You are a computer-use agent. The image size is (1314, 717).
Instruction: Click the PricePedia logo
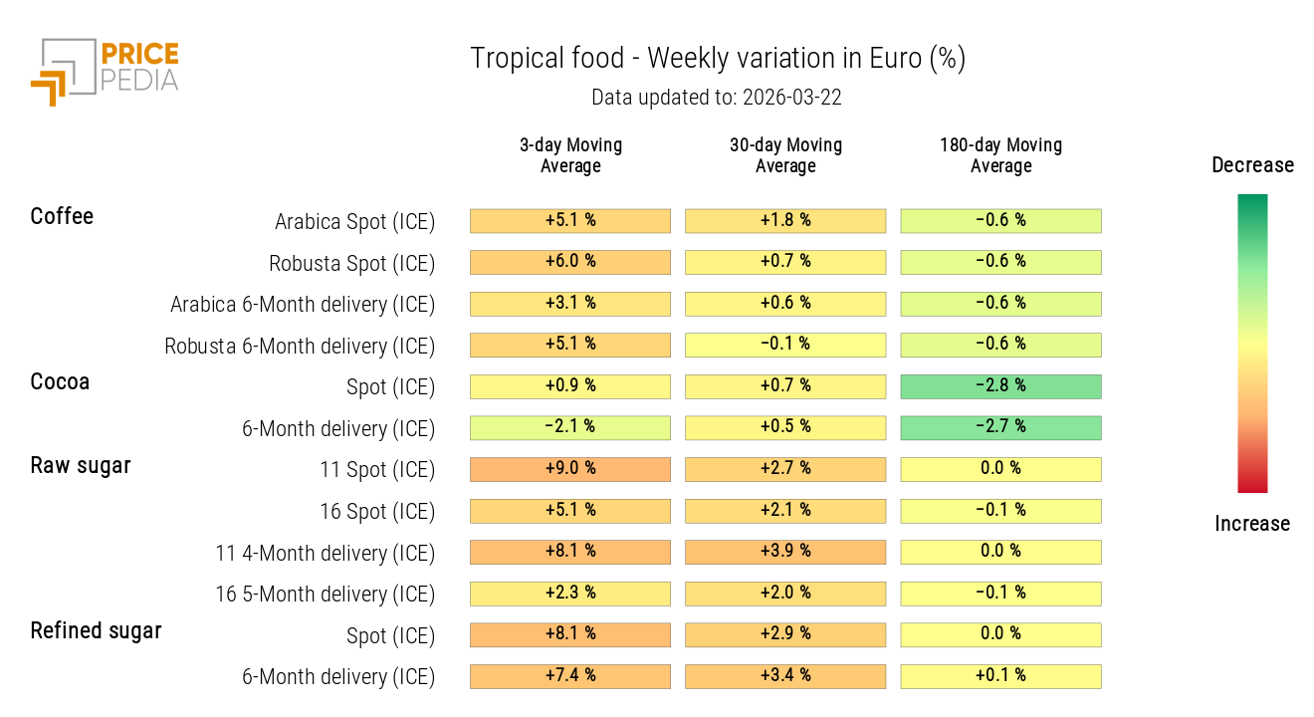tap(105, 70)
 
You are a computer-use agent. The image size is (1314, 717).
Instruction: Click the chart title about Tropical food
tap(718, 59)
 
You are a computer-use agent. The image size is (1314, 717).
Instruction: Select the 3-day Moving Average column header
tap(570, 155)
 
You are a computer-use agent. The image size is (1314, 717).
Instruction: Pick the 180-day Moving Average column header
tap(1000, 155)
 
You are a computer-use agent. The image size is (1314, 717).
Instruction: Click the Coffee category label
tap(62, 216)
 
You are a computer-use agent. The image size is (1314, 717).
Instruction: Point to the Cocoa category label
tap(60, 381)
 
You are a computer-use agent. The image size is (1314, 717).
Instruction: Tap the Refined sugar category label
tap(96, 630)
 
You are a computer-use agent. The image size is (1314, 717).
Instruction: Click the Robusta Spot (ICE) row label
tap(351, 264)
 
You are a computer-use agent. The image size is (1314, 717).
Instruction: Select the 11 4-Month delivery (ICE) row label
tap(325, 553)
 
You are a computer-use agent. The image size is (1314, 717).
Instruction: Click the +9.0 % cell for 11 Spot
tap(570, 469)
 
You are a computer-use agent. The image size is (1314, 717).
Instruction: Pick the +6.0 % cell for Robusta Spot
tap(570, 262)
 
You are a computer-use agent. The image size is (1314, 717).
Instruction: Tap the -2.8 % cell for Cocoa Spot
tap(1000, 386)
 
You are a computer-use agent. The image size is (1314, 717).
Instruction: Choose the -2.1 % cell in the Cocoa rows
tap(570, 427)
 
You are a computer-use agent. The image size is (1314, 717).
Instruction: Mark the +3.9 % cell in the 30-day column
tap(785, 552)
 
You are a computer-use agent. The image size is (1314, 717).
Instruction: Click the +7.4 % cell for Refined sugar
tap(570, 676)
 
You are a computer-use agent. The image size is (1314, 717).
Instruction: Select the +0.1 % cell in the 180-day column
tap(1000, 676)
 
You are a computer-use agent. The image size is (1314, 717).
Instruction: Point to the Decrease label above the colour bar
tap(1252, 165)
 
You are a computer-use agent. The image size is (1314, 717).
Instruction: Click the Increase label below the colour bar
tap(1252, 524)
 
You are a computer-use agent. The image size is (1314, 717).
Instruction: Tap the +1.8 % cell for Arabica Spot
tap(785, 220)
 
